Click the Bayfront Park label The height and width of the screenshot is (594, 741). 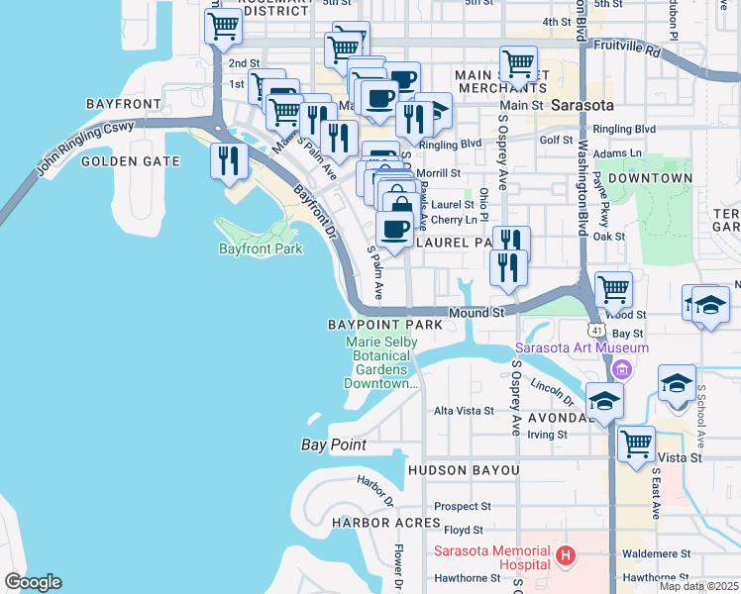pyautogui.click(x=260, y=249)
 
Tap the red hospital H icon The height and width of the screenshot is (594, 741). pyautogui.click(x=566, y=557)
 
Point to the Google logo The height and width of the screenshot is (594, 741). pyautogui.click(x=33, y=582)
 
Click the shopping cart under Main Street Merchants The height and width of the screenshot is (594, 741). pyautogui.click(x=518, y=65)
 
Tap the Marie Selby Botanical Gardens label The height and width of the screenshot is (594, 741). pyautogui.click(x=382, y=362)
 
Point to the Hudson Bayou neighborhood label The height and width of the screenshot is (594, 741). pyautogui.click(x=463, y=469)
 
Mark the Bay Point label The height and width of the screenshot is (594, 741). pyautogui.click(x=334, y=445)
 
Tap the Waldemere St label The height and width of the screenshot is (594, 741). pyautogui.click(x=651, y=554)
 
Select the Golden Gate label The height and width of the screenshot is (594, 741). pyautogui.click(x=131, y=161)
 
